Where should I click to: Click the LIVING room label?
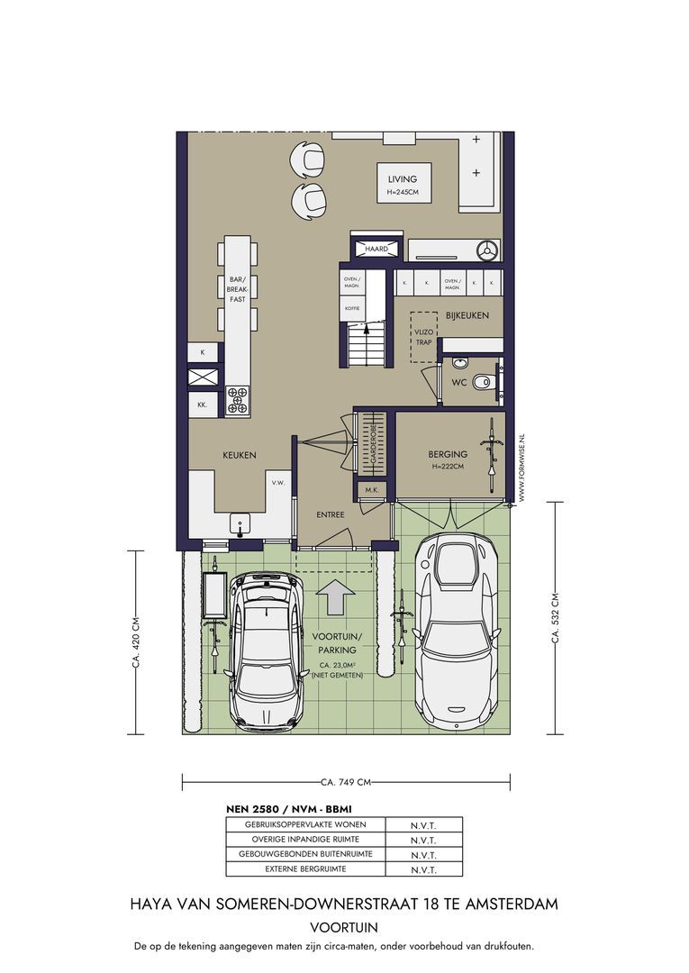tap(403, 179)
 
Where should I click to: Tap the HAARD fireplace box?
tap(376, 249)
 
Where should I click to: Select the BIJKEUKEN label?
tap(467, 315)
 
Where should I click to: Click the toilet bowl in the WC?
tap(481, 382)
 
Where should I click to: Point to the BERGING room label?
tap(447, 455)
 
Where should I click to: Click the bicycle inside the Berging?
tap(492, 454)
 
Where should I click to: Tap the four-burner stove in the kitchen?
tap(237, 400)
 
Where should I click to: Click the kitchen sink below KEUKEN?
tap(240, 525)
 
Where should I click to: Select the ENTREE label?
tap(330, 514)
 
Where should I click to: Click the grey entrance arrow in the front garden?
tap(336, 597)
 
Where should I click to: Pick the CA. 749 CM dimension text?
tap(346, 782)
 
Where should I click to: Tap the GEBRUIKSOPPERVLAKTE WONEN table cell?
tap(305, 824)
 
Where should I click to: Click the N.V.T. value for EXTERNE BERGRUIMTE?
tap(423, 870)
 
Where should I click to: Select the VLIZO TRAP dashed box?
tap(423, 337)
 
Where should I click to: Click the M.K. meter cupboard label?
tap(372, 490)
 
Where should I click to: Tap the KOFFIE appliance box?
tap(352, 308)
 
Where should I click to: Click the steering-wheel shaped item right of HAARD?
tap(487, 250)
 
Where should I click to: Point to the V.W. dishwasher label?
tap(277, 482)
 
